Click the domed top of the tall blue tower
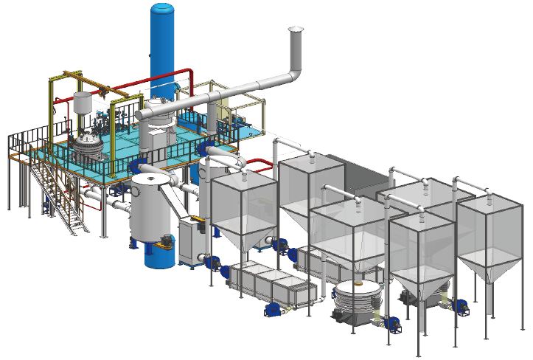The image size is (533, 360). click(162, 9)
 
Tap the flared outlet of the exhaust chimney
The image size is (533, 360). click(296, 31)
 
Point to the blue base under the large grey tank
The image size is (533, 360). click(158, 255)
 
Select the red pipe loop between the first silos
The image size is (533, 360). click(254, 163)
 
